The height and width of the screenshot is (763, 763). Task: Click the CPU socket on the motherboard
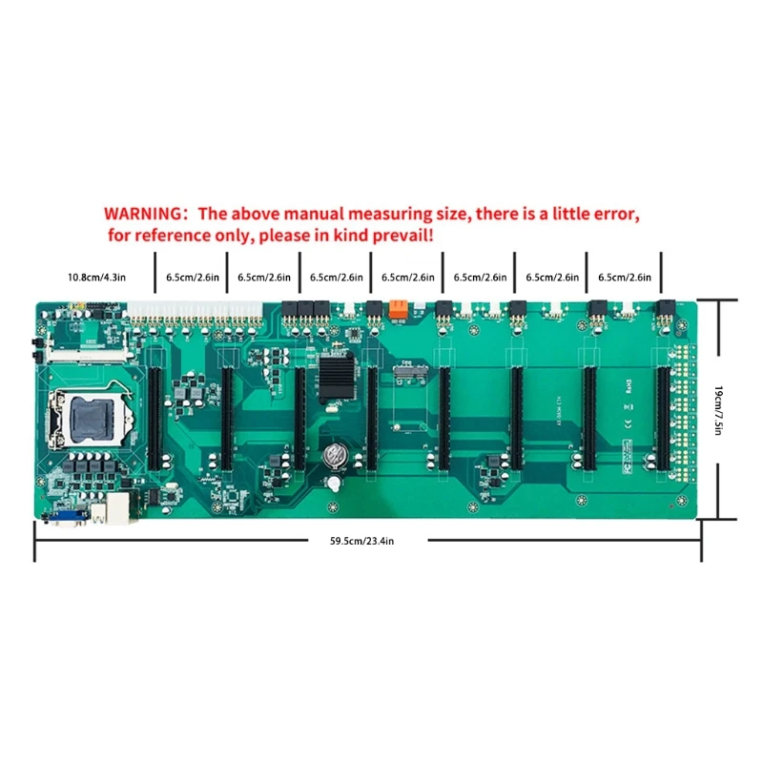83,416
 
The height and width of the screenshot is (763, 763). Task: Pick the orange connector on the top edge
399,308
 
